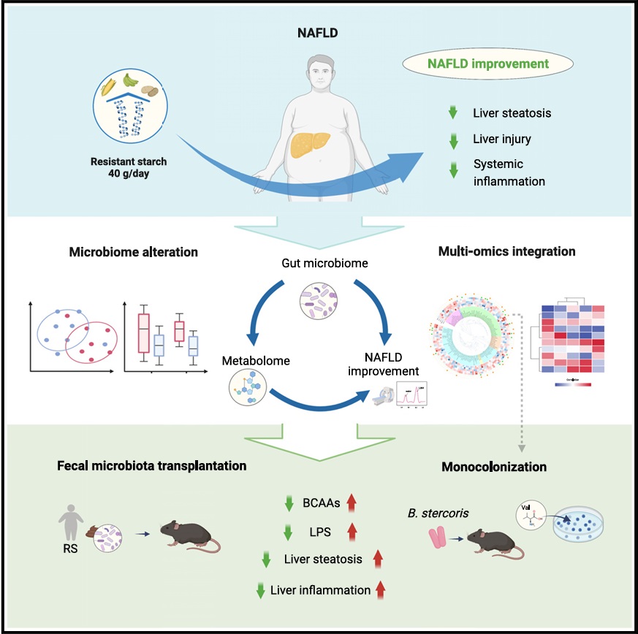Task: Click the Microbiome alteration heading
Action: (x=133, y=252)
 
